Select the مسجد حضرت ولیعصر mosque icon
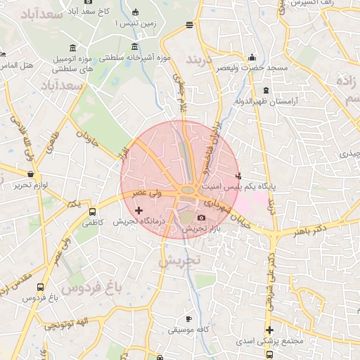[252, 57]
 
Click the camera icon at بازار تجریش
[202, 218]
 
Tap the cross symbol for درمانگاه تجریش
[139, 210]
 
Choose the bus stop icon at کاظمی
[92, 212]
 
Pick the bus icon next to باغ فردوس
[40, 288]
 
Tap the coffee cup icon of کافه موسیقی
[188, 319]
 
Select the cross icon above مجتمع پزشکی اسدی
[269, 330]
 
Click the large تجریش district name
[180, 260]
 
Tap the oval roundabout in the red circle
[188, 191]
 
